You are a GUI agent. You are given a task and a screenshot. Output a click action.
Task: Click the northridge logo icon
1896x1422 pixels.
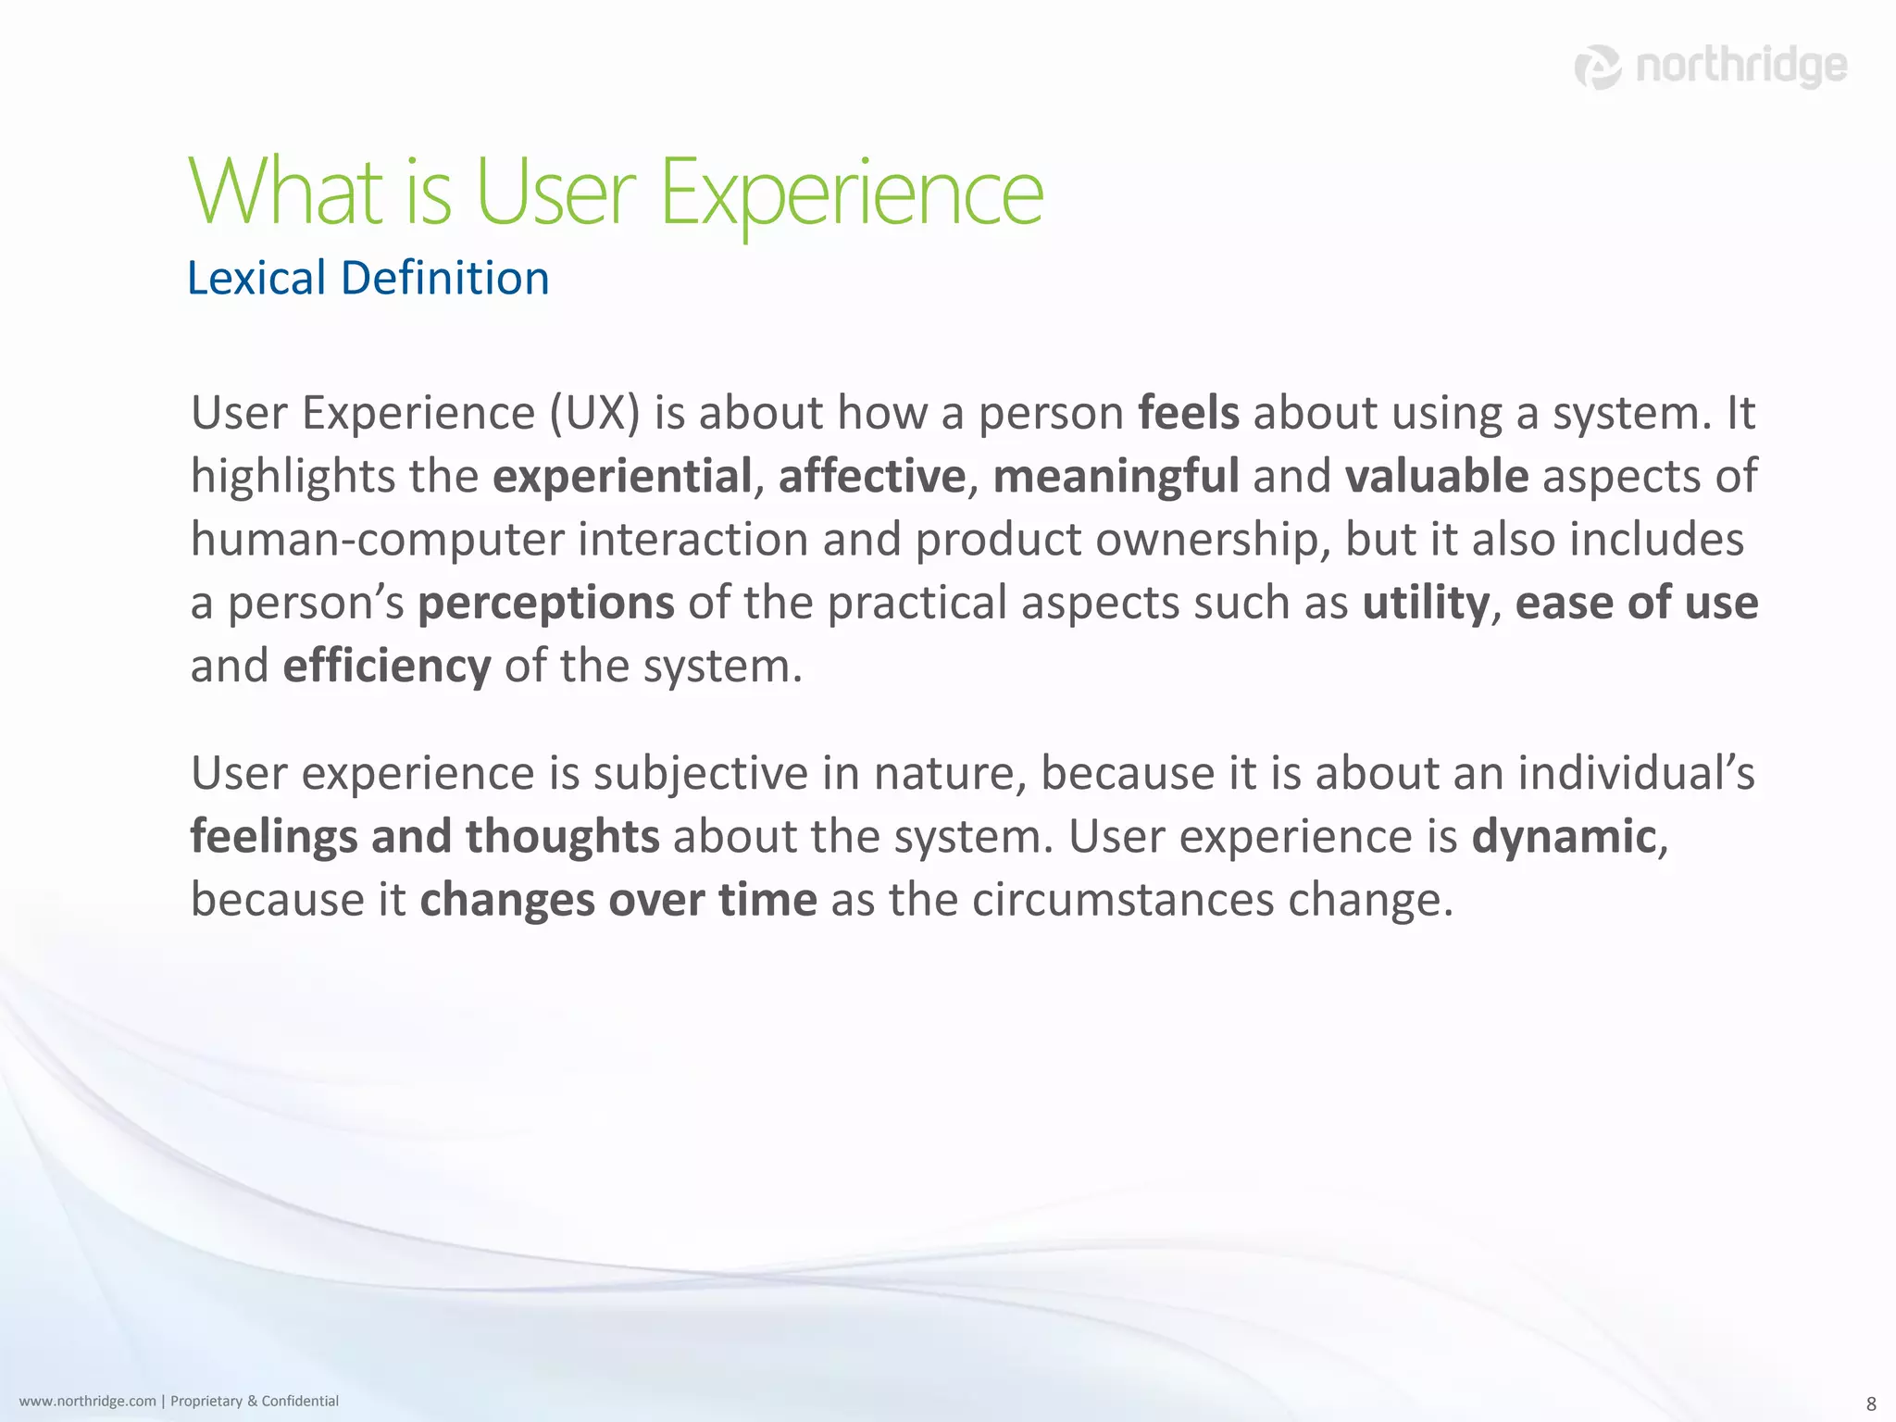click(1598, 68)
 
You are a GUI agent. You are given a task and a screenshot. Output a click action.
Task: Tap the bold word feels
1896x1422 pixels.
click(1188, 413)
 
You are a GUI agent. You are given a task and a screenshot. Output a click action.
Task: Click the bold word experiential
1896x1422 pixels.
click(622, 477)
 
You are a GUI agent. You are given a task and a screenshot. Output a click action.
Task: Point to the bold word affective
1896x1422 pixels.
click(872, 477)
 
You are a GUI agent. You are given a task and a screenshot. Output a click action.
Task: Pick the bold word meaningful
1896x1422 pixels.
click(1116, 477)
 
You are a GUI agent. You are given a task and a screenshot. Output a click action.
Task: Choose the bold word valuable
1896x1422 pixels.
click(1436, 477)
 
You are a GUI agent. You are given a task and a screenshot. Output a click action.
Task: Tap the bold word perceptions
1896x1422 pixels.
click(546, 604)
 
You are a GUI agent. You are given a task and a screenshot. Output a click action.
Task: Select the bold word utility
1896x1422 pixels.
click(1426, 603)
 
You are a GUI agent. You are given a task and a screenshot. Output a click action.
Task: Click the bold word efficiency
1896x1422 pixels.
click(387, 667)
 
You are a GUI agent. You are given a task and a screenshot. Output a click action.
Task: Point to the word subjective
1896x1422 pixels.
click(701, 774)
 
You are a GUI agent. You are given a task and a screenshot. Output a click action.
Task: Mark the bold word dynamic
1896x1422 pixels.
click(1564, 837)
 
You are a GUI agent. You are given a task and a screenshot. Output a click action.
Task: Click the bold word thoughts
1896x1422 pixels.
click(563, 837)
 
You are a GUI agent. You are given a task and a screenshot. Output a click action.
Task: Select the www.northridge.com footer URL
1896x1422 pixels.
click(88, 1401)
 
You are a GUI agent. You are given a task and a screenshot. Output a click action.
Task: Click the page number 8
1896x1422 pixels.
click(1871, 1403)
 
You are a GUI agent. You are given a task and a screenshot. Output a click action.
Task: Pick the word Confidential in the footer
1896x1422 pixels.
click(300, 1401)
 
